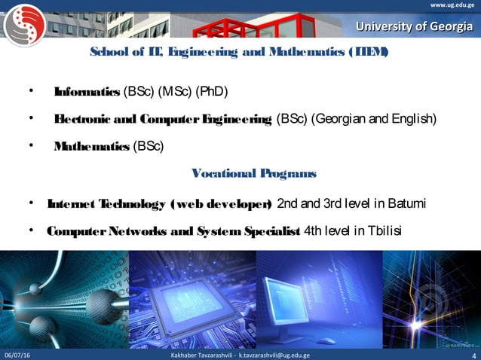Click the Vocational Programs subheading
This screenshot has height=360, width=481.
pyautogui.click(x=254, y=174)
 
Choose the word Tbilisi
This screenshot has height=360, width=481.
pyautogui.click(x=381, y=230)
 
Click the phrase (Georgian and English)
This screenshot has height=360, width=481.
pyautogui.click(x=373, y=120)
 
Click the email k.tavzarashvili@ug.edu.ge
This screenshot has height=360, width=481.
pyautogui.click(x=273, y=355)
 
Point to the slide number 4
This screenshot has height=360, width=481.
pyautogui.click(x=472, y=355)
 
